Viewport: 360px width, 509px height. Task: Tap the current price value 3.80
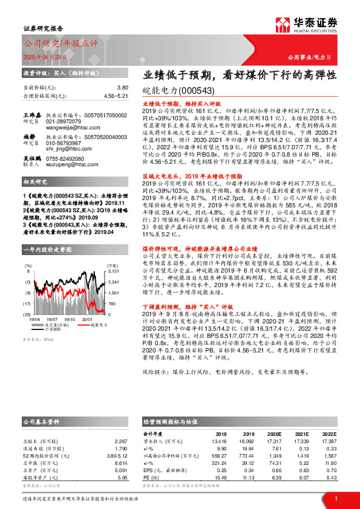(x=123, y=88)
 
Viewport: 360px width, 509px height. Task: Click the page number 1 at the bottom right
(x=335, y=498)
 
